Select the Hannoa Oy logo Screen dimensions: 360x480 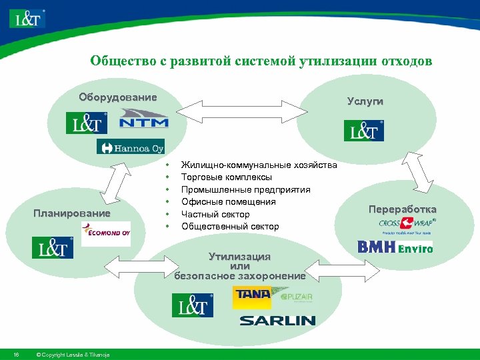(131, 147)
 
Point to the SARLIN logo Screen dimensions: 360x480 (277, 321)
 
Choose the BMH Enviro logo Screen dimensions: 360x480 (395, 247)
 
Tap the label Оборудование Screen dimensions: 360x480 (118, 97)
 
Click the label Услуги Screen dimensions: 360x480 (365, 101)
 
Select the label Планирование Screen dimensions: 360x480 (72, 213)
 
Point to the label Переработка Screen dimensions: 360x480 (403, 209)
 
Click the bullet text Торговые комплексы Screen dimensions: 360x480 (227, 177)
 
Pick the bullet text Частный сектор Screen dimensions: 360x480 (215, 214)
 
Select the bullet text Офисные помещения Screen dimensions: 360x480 (228, 202)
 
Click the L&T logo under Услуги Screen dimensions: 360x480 (364, 130)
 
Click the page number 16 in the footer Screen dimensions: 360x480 (15, 353)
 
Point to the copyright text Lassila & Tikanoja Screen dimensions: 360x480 (73, 353)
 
